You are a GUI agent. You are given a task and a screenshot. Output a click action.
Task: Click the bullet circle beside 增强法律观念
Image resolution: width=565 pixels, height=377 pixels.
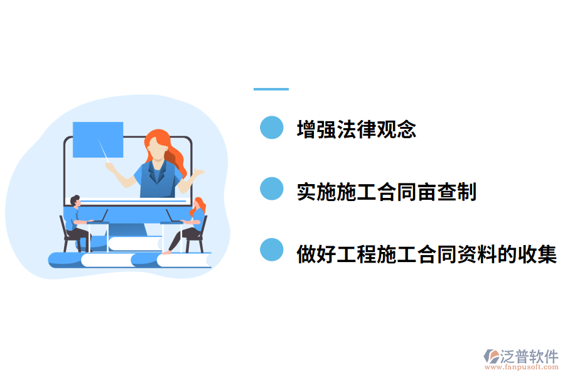[272, 127]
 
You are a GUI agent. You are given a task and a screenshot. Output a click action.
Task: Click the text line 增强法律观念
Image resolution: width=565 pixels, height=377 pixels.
[356, 129]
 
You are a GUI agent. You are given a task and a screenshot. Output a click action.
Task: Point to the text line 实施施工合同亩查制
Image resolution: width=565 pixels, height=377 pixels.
[387, 192]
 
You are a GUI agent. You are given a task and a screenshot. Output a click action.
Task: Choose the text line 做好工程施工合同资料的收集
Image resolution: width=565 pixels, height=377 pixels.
[426, 254]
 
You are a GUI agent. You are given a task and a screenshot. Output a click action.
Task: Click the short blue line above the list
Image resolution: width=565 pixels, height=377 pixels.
[271, 89]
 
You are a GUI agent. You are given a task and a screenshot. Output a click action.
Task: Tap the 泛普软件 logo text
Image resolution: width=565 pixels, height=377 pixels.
[529, 356]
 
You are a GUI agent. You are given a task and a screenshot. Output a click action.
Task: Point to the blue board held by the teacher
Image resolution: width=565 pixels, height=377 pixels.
[97, 139]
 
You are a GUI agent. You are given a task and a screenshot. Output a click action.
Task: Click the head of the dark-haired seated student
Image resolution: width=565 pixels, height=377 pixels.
[75, 201]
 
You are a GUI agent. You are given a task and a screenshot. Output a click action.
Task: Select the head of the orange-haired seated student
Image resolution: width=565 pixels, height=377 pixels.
[199, 204]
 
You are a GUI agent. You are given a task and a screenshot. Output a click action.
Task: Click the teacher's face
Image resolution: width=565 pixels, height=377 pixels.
[156, 148]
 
